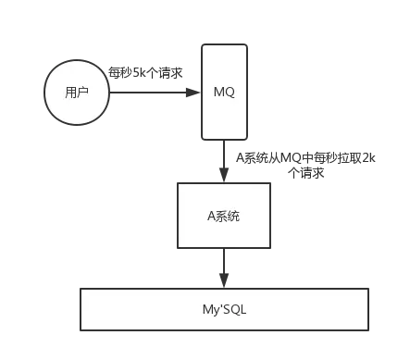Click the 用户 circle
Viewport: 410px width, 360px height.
pyautogui.click(x=78, y=93)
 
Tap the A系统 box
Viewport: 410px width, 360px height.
pyautogui.click(x=224, y=215)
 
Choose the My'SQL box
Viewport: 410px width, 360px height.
pyautogui.click(x=224, y=309)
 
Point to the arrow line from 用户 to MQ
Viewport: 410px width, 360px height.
pyautogui.click(x=153, y=93)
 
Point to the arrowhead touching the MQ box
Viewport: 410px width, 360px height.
pyautogui.click(x=194, y=93)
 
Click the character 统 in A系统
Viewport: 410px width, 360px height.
pyautogui.click(x=235, y=216)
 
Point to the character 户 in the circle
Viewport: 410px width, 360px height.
pyautogui.click(x=83, y=93)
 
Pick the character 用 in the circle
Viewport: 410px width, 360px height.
pyautogui.click(x=72, y=93)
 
